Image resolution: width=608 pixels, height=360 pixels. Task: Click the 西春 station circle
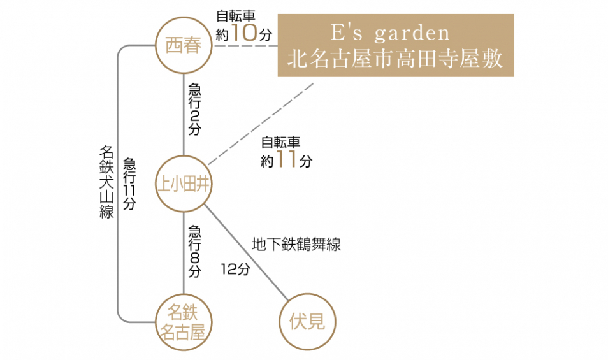(x=184, y=47)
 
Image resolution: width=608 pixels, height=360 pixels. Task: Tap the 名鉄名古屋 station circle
(x=184, y=322)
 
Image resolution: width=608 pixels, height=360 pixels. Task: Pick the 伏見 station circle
(x=307, y=322)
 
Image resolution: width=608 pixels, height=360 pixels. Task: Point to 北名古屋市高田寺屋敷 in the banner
(x=395, y=59)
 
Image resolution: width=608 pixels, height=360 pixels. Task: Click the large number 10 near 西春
(x=244, y=33)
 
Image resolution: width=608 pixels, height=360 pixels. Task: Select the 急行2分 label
(x=194, y=109)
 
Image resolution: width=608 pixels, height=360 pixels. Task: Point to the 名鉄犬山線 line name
(x=106, y=182)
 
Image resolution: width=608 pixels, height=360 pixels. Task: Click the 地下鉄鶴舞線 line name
(x=296, y=244)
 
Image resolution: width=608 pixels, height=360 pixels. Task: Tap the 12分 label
(x=235, y=269)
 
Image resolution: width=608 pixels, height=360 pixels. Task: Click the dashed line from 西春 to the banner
(x=245, y=46)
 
